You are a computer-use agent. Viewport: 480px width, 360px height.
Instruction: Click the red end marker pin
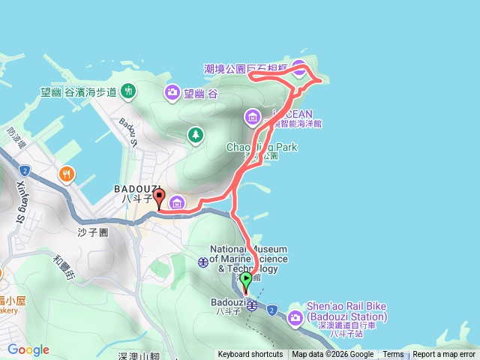[x=158, y=199]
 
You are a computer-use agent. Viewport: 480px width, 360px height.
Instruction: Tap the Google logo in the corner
[x=28, y=349]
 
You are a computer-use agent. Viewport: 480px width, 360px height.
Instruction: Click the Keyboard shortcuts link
[x=250, y=355]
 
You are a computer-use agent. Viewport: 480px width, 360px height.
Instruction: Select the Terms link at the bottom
[x=393, y=355]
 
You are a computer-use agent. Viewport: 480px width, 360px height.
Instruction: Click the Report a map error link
[x=443, y=355]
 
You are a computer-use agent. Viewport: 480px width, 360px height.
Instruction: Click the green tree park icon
[x=195, y=134]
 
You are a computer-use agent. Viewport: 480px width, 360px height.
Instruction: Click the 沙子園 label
[x=93, y=232]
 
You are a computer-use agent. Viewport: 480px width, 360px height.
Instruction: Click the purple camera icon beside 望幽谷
[x=172, y=93]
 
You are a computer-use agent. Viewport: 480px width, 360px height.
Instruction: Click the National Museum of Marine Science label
[x=247, y=259]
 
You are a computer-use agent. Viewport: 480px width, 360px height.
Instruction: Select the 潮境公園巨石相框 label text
[x=247, y=68]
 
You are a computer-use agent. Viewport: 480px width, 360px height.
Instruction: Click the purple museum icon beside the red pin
[x=177, y=202]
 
